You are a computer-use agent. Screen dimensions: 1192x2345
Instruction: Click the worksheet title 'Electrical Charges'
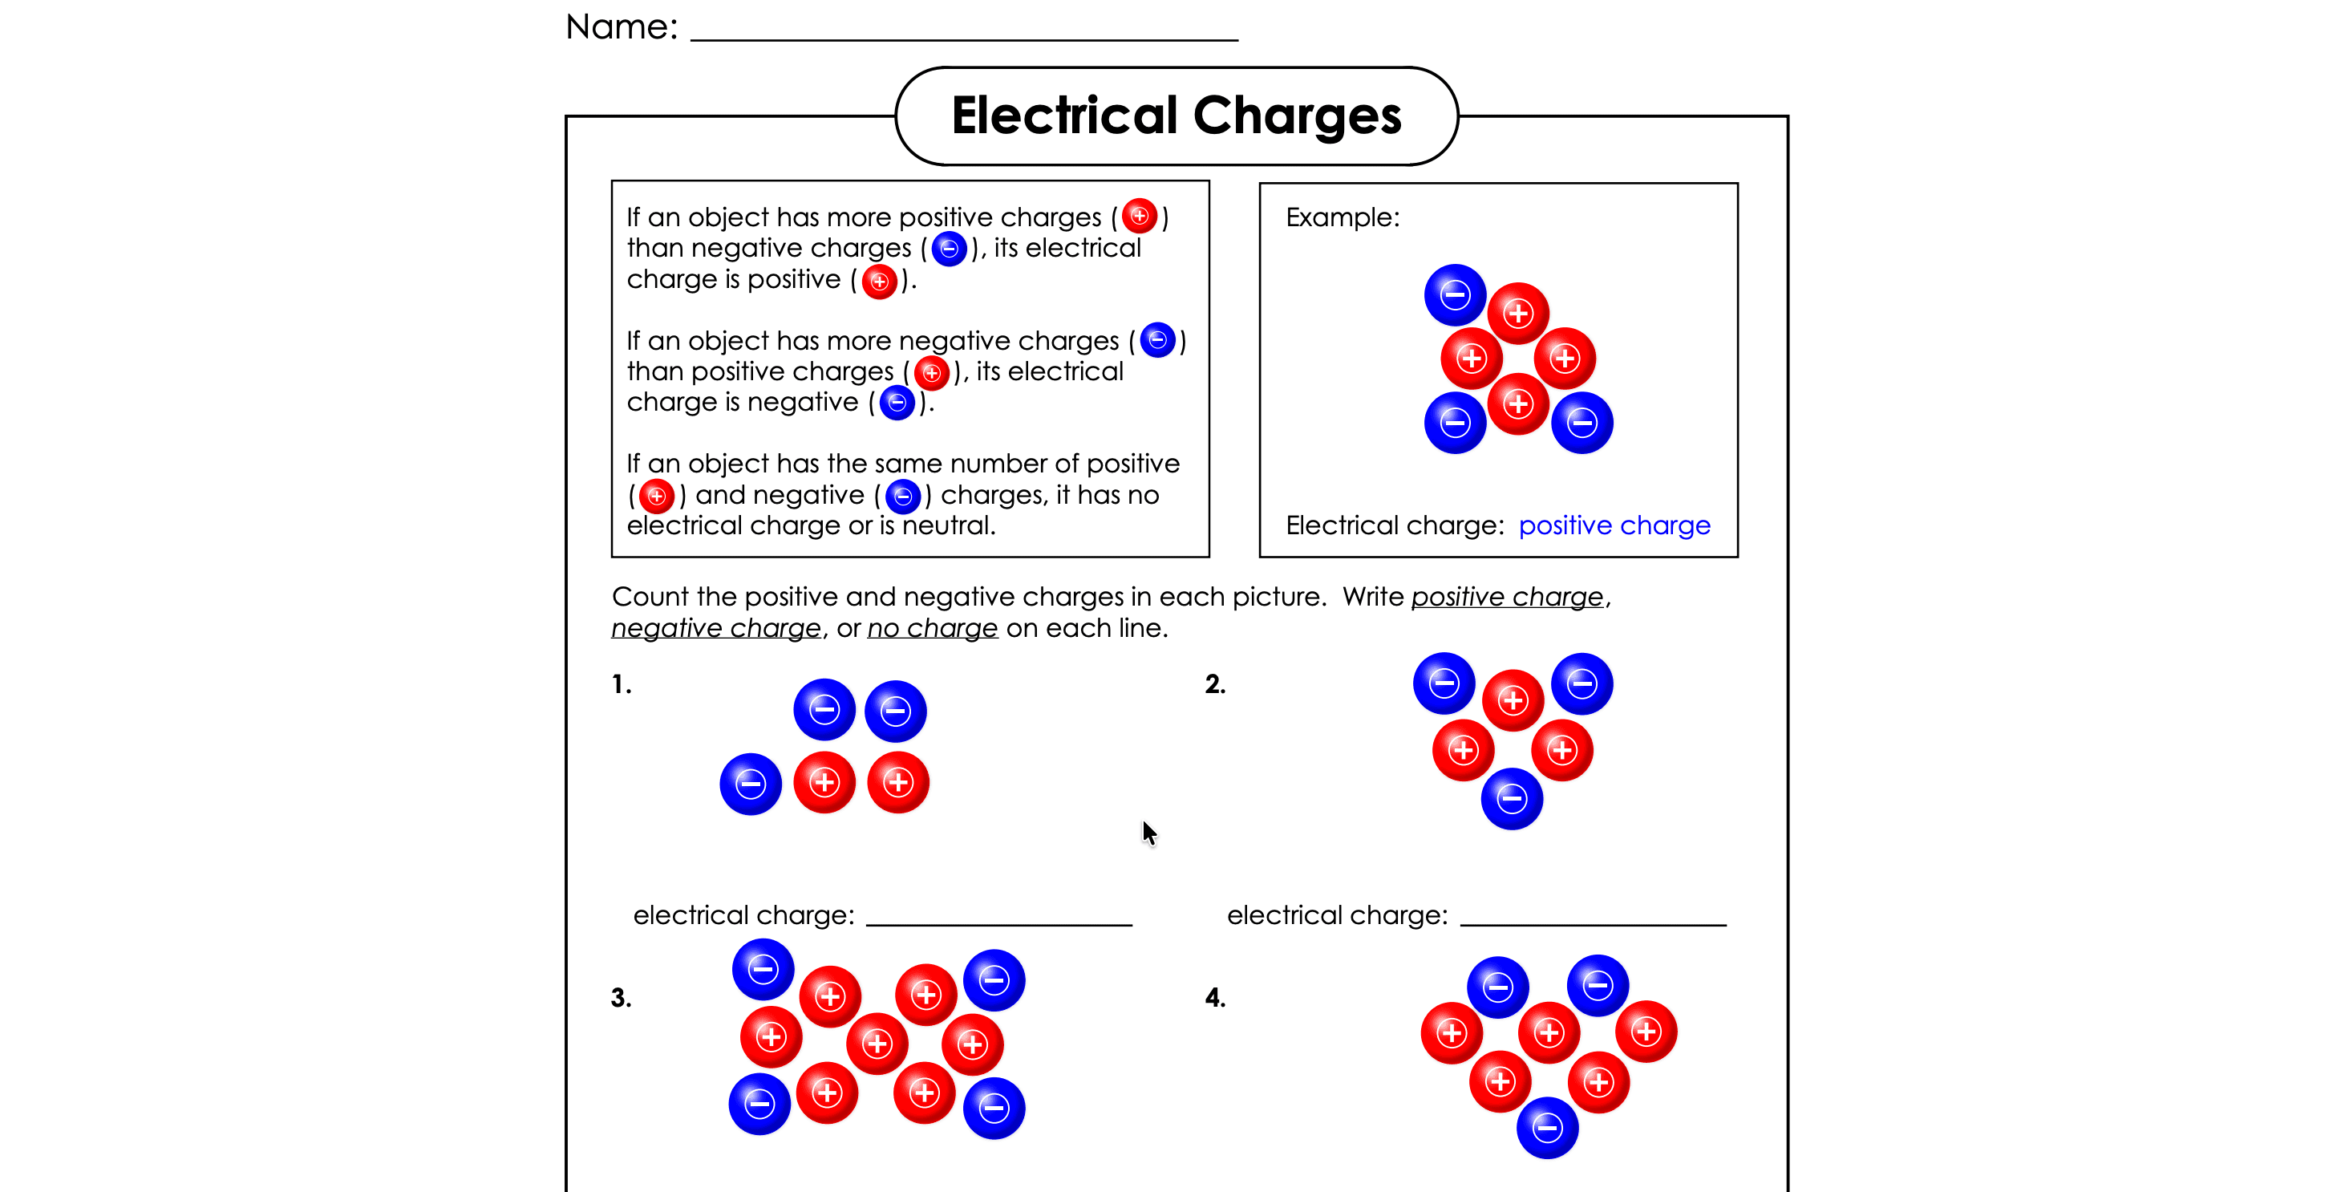point(1177,116)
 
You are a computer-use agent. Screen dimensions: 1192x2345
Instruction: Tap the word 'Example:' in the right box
point(1343,217)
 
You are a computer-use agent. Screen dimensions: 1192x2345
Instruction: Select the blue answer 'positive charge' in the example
point(1614,525)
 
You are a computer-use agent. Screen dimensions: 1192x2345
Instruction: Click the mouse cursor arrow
point(1148,831)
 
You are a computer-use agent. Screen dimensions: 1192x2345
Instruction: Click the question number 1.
point(622,684)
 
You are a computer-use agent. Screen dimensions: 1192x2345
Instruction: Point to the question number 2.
point(1215,684)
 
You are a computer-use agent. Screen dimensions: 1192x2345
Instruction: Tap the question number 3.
point(621,998)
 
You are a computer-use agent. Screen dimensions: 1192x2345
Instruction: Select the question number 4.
point(1215,998)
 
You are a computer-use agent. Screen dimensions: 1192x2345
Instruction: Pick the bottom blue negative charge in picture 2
point(1512,799)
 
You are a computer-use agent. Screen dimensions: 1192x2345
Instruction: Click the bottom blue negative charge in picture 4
point(1547,1129)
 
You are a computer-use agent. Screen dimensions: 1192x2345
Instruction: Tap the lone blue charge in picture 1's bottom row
point(750,783)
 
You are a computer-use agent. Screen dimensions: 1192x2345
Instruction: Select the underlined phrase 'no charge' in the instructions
point(932,628)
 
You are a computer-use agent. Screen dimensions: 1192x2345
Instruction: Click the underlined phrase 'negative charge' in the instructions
point(716,628)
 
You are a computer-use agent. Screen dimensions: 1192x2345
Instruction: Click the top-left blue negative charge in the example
point(1455,295)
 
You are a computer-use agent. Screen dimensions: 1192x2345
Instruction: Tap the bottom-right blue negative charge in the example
point(1582,423)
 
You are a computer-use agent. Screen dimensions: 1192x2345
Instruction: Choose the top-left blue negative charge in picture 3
point(763,969)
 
